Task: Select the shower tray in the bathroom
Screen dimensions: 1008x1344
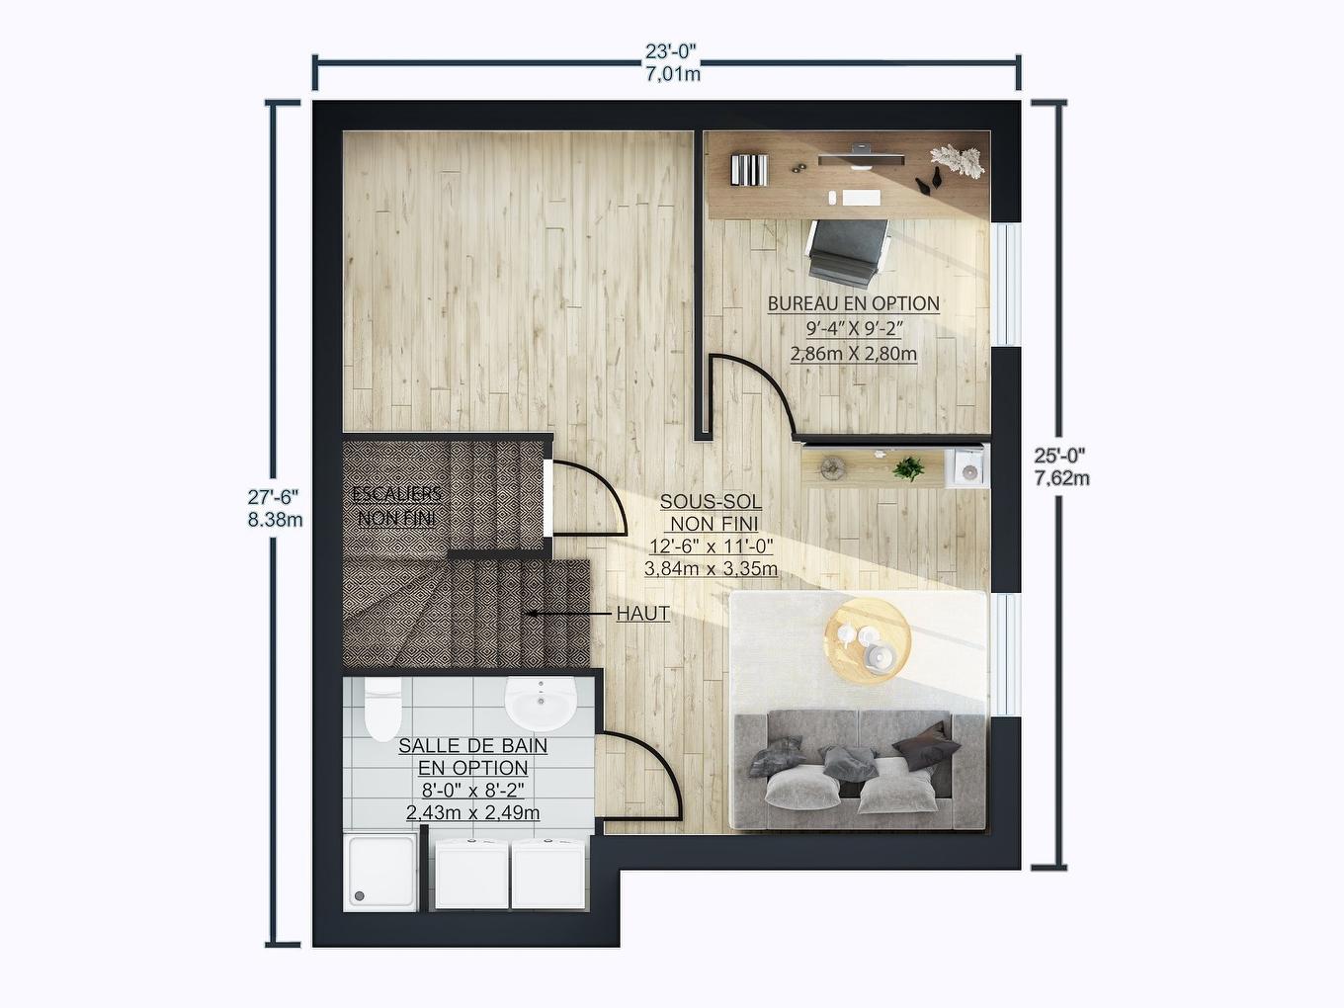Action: coord(380,871)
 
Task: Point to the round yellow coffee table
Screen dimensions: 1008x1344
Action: coord(868,640)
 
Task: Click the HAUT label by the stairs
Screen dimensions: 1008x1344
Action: coord(642,614)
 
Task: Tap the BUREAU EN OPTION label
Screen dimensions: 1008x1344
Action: coord(853,304)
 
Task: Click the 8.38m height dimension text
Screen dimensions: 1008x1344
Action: coord(275,520)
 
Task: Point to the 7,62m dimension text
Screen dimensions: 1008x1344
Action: coord(1061,479)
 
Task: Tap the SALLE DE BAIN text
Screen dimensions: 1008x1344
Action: coord(472,747)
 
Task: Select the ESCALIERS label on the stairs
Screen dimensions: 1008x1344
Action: coord(396,494)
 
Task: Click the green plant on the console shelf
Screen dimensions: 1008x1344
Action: coord(907,467)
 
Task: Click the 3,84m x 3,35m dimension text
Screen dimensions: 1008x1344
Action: coord(711,569)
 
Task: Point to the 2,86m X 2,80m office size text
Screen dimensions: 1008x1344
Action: coord(853,353)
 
